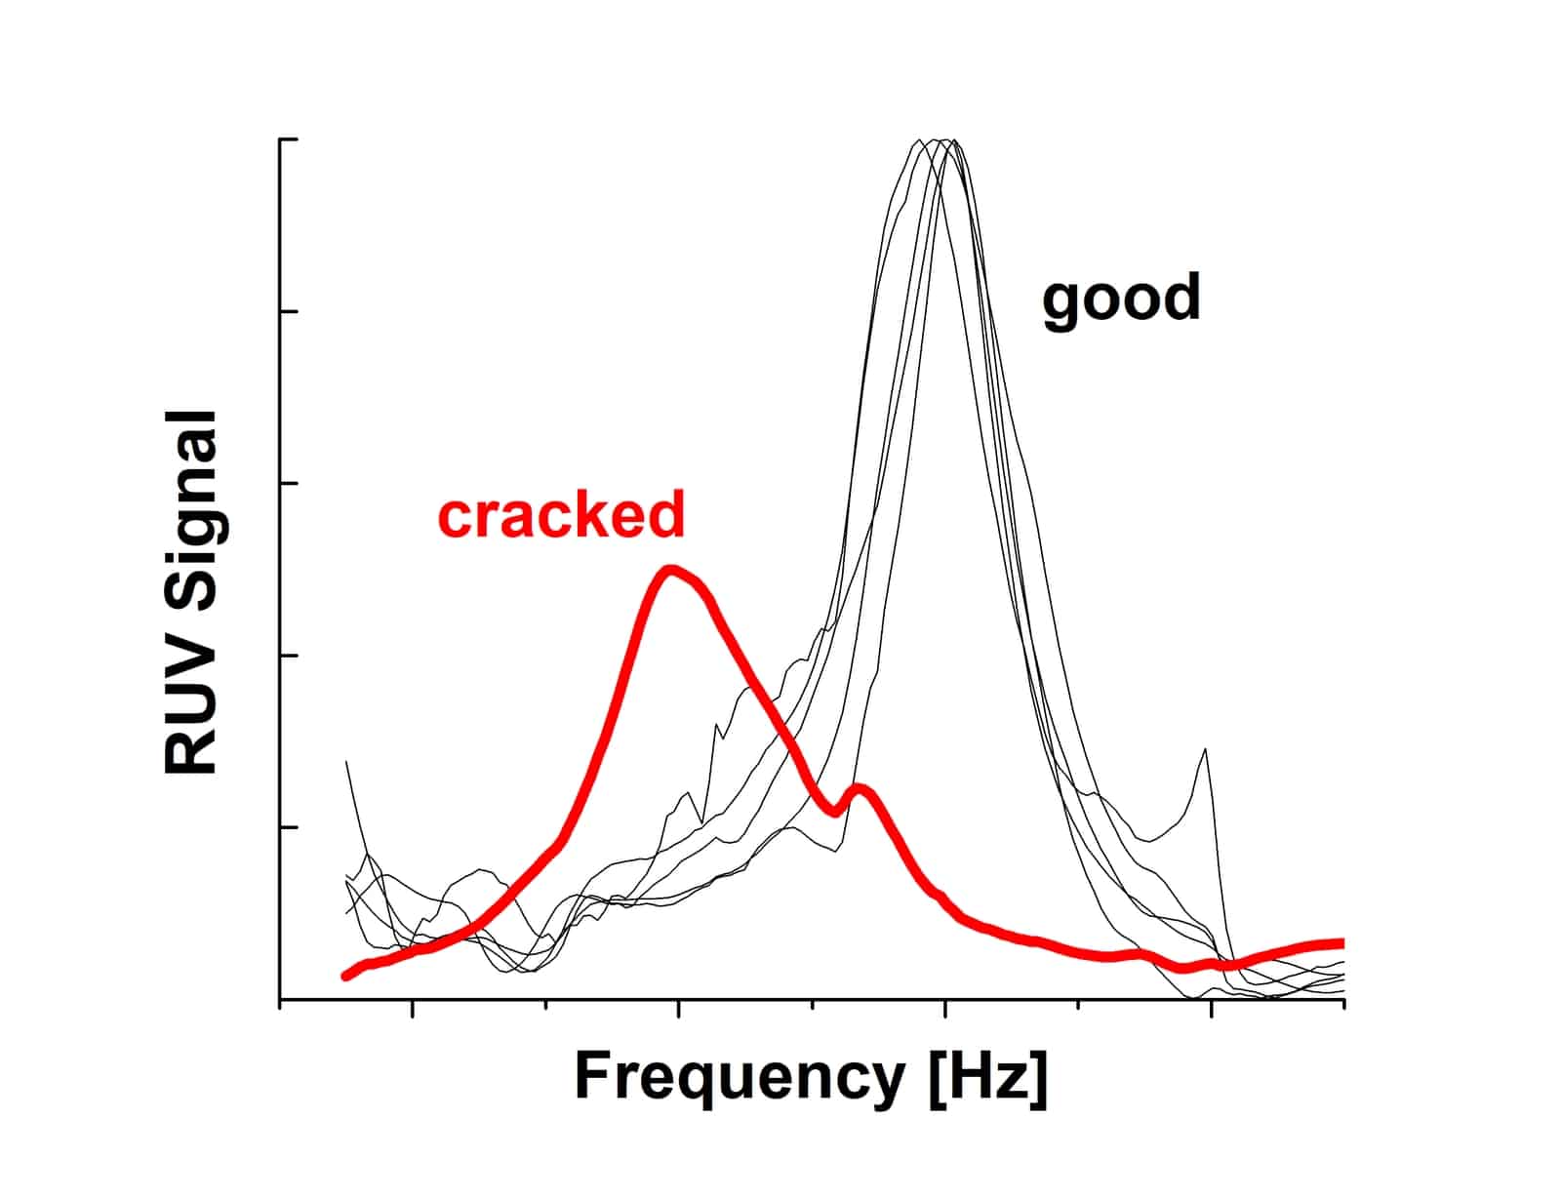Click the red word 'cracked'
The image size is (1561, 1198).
coord(561,516)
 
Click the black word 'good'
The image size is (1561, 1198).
coord(1121,299)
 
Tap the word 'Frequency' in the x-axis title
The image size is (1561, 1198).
coord(739,1077)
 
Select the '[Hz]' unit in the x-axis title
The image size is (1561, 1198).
coord(987,1077)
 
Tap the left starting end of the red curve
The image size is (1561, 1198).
coord(345,975)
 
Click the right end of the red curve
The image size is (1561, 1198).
coord(1341,943)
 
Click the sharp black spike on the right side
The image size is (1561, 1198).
coord(1206,750)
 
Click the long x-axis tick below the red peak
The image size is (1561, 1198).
coord(678,1009)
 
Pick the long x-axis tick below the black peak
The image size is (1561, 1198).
coord(944,1009)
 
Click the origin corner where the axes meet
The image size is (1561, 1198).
coord(281,1000)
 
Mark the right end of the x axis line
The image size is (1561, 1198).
coord(1343,1000)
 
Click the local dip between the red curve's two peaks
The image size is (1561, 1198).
coord(834,812)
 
